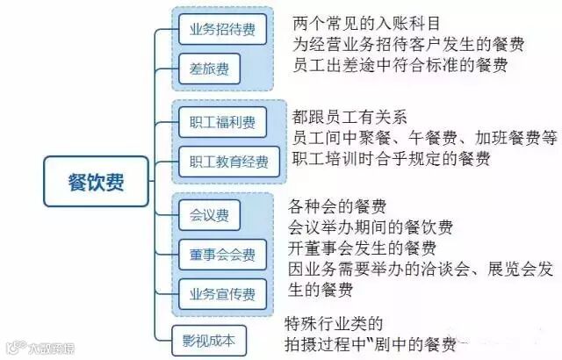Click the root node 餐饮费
pyautogui.click(x=96, y=182)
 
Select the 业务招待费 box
pyautogui.click(x=222, y=30)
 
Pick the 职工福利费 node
pyautogui.click(x=222, y=123)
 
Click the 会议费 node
pyautogui.click(x=209, y=214)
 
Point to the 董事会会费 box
pyautogui.click(x=222, y=254)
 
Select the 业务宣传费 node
pyautogui.click(x=222, y=292)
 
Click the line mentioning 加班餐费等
pyautogui.click(x=426, y=138)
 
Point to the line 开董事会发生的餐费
pyautogui.click(x=362, y=248)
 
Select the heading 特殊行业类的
pyautogui.click(x=335, y=322)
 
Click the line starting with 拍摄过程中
pyautogui.click(x=372, y=343)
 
